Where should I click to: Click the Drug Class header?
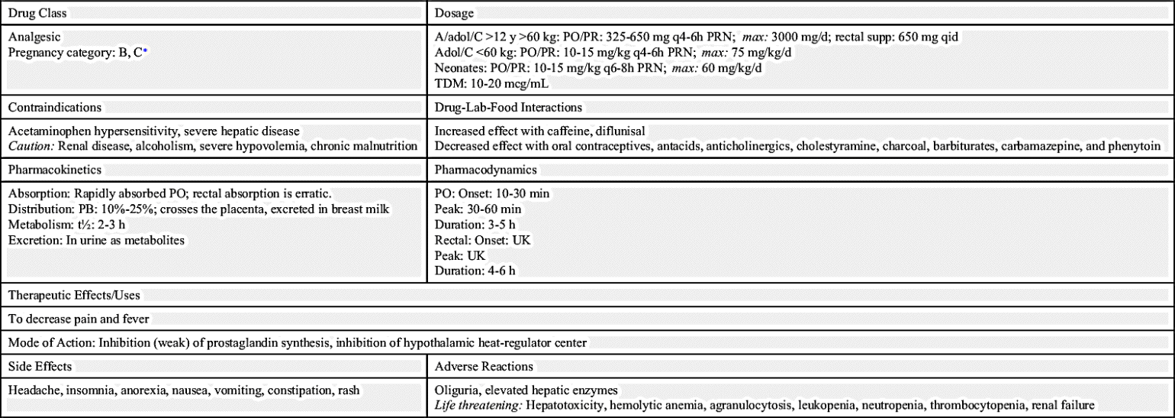pyautogui.click(x=37, y=13)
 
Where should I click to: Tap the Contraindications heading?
pyautogui.click(x=55, y=108)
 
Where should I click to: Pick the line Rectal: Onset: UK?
pyautogui.click(x=482, y=241)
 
